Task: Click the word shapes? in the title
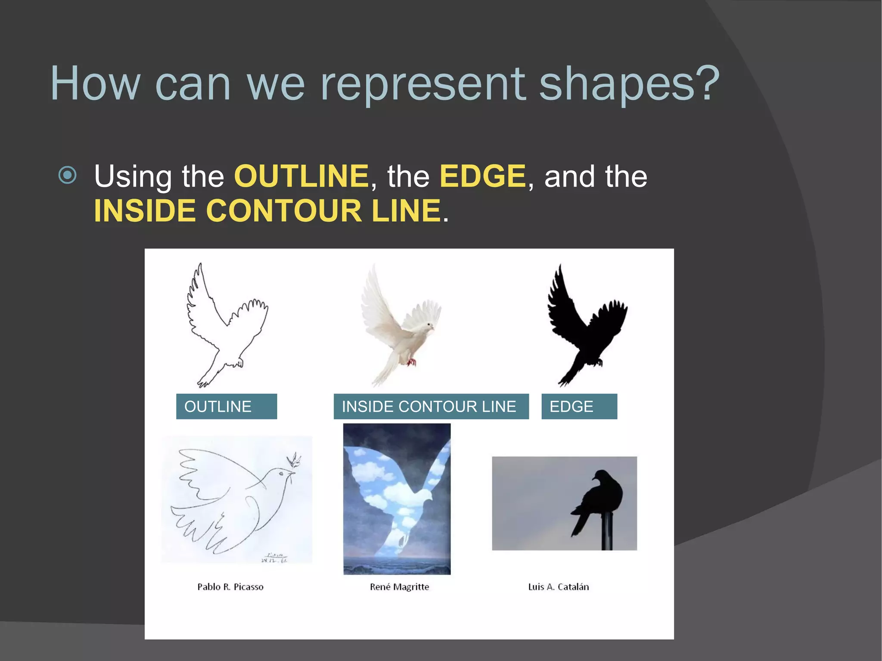pos(629,84)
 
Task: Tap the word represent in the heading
pos(422,84)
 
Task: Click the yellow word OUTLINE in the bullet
pos(301,176)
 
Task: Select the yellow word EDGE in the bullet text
pos(482,176)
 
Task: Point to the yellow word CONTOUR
pos(284,211)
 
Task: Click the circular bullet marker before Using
pos(68,175)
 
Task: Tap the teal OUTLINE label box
pos(226,407)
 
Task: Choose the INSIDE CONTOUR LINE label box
pos(431,407)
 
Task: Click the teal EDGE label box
pos(579,407)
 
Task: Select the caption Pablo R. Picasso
pos(230,587)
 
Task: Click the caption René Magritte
pos(399,587)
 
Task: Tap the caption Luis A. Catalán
pos(558,587)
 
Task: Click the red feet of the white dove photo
pos(412,362)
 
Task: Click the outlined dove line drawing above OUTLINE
pos(224,327)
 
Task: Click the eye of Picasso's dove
pos(281,474)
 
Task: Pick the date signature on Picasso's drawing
pos(274,558)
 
